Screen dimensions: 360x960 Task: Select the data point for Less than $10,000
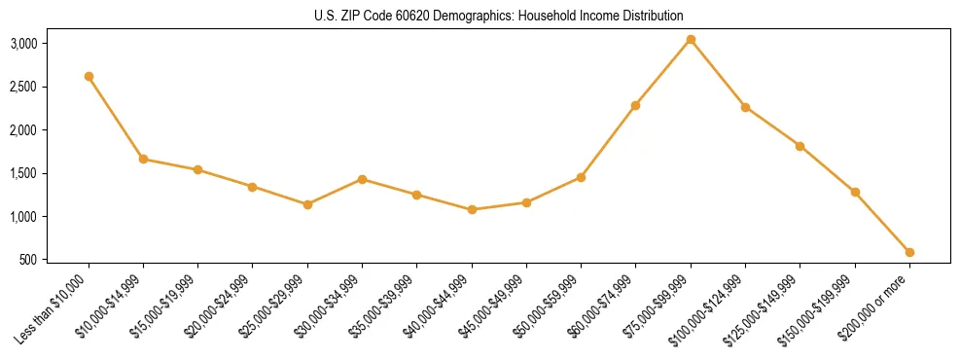coord(89,76)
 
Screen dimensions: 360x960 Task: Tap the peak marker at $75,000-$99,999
coord(691,40)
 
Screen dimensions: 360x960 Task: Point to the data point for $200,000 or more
coord(909,252)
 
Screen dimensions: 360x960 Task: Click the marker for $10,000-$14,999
coord(144,159)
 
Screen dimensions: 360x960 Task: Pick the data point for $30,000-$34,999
coord(362,179)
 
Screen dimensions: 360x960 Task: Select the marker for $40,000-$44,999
coord(472,209)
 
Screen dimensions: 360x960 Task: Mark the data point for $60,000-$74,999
coord(636,105)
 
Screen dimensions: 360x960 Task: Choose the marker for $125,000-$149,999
coord(800,146)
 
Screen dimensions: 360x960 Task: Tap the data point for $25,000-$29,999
coord(307,204)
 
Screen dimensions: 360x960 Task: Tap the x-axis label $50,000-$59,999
coord(551,304)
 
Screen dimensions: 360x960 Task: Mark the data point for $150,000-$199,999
coord(855,192)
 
